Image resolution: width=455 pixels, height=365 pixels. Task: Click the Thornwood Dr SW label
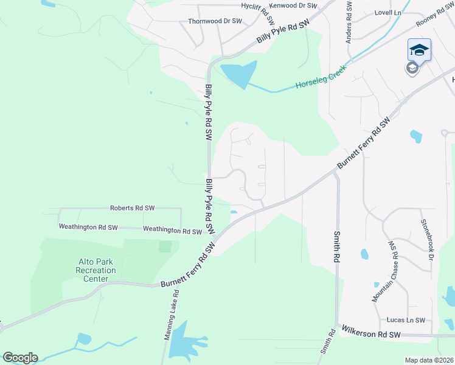coord(215,21)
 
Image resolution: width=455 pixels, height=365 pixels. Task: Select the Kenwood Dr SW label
coord(293,5)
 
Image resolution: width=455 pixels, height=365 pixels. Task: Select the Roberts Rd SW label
coord(132,208)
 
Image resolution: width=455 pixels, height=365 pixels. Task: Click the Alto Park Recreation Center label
coord(97,270)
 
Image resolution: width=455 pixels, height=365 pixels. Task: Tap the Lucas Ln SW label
coord(405,320)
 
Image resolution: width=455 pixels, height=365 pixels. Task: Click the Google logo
coord(20,358)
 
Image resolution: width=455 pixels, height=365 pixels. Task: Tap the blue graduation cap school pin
coord(419,50)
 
